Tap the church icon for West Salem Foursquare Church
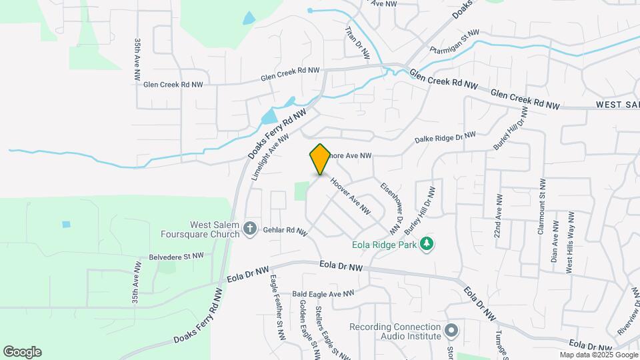(250, 229)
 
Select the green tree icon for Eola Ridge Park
(427, 245)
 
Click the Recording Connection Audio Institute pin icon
(451, 330)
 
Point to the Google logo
(22, 352)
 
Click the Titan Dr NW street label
(357, 44)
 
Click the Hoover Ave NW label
(350, 195)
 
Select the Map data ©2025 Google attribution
(598, 355)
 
